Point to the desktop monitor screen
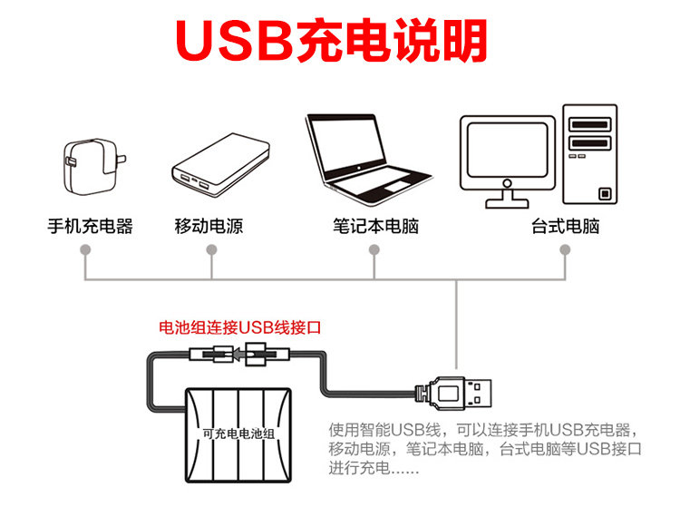click(x=507, y=151)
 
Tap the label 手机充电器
click(x=90, y=227)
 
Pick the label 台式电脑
click(x=565, y=227)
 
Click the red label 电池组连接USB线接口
click(x=241, y=327)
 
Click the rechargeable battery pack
click(x=238, y=432)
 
